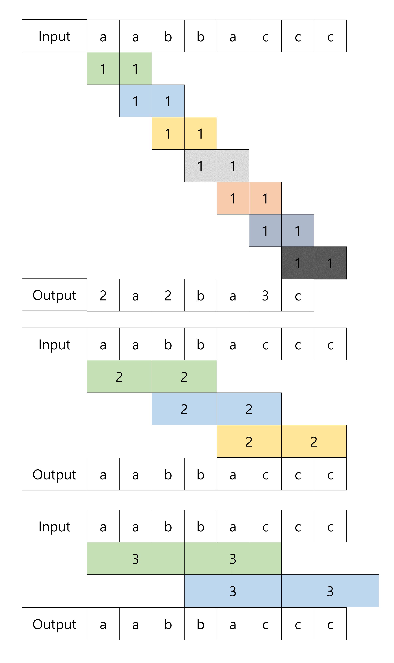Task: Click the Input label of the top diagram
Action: coord(54,36)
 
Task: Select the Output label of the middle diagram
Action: coord(54,474)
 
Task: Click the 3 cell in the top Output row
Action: coord(265,295)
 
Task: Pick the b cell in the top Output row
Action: coord(200,295)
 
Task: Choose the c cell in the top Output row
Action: coord(298,295)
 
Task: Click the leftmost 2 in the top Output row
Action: coord(103,295)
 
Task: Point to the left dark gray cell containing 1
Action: coord(298,263)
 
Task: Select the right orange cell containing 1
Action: coord(265,198)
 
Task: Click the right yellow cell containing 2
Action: coord(314,441)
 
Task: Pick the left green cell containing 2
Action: coord(119,376)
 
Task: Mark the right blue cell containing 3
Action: coord(330,591)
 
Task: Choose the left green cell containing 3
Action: coord(135,559)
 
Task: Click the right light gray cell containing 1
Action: coord(233,166)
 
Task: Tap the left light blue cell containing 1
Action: coord(135,101)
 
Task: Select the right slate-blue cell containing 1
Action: coord(298,231)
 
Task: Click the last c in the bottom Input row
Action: coord(330,526)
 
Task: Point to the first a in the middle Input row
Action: coord(103,344)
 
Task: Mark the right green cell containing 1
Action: coord(135,68)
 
